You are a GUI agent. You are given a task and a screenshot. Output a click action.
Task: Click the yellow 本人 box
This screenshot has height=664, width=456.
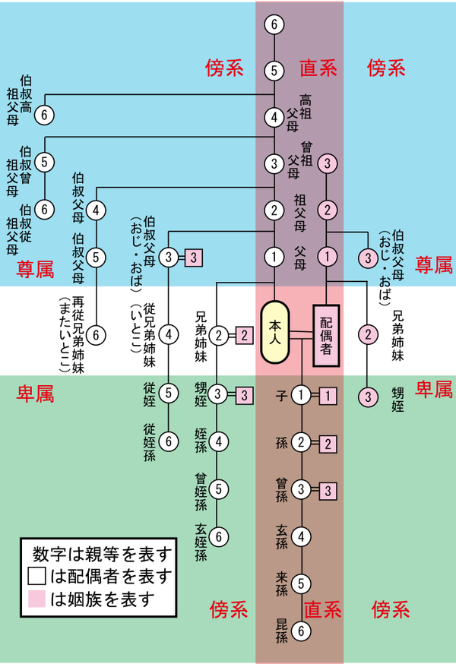click(x=275, y=332)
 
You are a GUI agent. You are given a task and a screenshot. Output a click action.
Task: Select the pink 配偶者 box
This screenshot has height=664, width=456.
click(x=326, y=335)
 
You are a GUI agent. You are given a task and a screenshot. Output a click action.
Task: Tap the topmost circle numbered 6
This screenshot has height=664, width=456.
click(x=274, y=24)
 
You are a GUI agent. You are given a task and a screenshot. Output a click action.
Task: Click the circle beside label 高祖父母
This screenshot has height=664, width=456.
click(x=274, y=117)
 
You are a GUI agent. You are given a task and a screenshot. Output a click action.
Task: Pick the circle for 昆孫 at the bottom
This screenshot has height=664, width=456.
click(x=301, y=631)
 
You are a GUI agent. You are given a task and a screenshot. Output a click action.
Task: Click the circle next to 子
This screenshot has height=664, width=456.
click(x=301, y=395)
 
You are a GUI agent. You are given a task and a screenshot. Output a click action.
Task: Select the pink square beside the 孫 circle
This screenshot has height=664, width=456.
click(x=328, y=444)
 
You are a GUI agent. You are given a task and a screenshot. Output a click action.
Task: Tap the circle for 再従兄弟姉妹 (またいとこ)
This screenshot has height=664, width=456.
click(x=96, y=335)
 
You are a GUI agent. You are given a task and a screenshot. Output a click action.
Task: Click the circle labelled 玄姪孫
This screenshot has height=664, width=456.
click(x=218, y=536)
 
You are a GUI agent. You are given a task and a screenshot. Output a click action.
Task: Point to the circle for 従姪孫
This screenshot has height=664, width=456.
click(x=169, y=441)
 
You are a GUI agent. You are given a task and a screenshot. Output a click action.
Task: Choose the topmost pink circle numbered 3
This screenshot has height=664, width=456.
click(x=327, y=163)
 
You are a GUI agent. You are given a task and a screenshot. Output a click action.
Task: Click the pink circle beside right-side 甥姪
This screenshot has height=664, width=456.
click(x=367, y=397)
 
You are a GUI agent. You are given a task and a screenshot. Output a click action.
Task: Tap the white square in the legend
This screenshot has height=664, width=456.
click(x=36, y=576)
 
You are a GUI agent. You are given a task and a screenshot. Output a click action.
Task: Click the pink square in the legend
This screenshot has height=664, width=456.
click(x=36, y=599)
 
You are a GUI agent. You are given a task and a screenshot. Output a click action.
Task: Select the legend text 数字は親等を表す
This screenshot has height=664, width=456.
click(x=102, y=554)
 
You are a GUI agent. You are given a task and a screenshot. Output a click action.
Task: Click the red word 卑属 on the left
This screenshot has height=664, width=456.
click(x=35, y=394)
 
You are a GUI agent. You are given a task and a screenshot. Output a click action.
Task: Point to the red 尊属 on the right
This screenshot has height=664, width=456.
click(x=433, y=265)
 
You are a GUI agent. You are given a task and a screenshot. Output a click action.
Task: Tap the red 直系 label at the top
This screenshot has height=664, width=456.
click(x=318, y=68)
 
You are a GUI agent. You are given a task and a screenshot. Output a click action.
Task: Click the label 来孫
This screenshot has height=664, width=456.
click(x=282, y=583)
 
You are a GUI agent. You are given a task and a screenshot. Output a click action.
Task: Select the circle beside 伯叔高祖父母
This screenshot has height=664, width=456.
click(x=44, y=115)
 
